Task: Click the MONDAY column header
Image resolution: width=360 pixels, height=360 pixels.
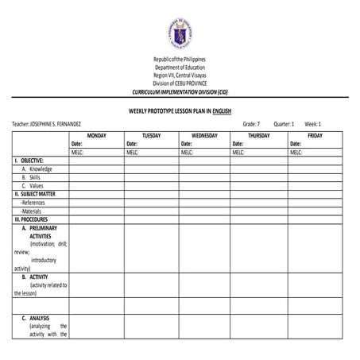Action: pos(96,135)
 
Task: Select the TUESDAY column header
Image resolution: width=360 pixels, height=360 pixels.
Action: pos(151,135)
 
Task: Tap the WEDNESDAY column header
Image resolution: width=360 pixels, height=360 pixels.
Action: pos(204,135)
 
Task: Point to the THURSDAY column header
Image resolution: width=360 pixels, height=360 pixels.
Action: pos(259,135)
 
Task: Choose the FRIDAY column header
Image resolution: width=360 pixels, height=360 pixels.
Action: pos(315,135)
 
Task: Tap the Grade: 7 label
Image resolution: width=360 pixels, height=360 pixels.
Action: pos(251,124)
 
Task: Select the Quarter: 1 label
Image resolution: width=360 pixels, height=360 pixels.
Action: pos(284,124)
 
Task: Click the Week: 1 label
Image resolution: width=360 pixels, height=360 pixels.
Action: pos(313,124)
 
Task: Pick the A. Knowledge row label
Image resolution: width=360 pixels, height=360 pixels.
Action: pos(37,168)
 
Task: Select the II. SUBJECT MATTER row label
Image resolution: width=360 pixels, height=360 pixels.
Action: pos(35,193)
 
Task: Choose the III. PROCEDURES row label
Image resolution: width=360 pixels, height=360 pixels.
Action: pos(32,219)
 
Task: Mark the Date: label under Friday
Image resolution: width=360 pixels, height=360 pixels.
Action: pos(296,143)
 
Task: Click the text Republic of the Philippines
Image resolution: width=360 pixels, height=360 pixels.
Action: pos(180,60)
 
